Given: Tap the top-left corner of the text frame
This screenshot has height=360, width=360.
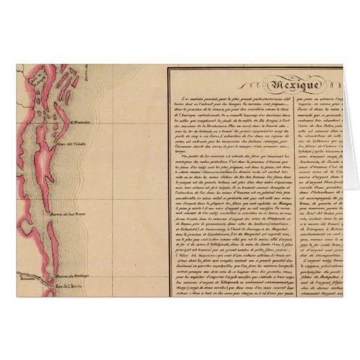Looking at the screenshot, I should pyautogui.click(x=168, y=66).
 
